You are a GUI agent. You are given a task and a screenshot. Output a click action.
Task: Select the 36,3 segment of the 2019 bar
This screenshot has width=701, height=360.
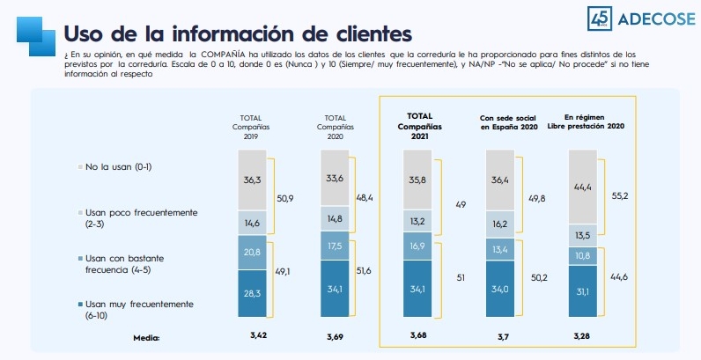251,180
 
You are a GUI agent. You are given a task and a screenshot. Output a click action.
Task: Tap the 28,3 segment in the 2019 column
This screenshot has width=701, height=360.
251,293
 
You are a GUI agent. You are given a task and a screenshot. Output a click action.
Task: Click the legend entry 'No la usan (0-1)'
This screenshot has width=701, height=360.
124,165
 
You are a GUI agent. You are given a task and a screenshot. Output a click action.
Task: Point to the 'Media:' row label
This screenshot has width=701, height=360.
147,336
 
